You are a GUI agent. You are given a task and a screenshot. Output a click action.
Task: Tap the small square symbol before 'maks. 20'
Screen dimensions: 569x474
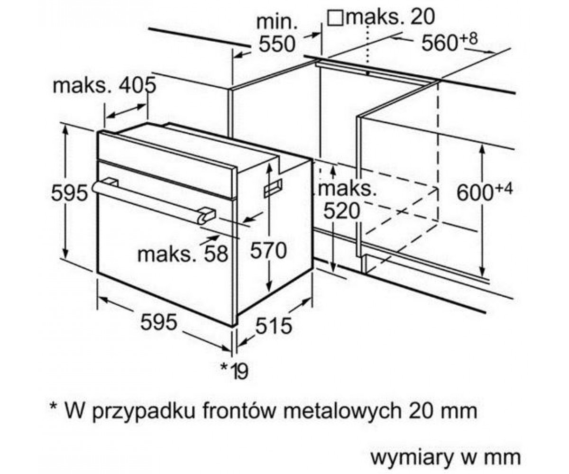click(x=335, y=18)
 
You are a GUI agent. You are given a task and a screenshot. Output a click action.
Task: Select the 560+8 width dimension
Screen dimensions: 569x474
click(x=450, y=41)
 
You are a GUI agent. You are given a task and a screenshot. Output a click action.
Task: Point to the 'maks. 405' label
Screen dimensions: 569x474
click(x=104, y=85)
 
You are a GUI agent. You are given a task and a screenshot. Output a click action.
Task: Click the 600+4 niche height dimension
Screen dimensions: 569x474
click(x=485, y=191)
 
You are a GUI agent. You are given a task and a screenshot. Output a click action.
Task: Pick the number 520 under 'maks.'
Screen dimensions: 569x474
click(x=342, y=210)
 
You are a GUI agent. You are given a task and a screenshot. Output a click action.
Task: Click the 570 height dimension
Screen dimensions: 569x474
click(x=268, y=250)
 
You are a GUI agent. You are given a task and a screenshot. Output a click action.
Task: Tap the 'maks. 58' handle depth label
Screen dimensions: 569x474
click(x=183, y=254)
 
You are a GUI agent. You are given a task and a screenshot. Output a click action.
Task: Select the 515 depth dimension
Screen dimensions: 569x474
click(x=274, y=326)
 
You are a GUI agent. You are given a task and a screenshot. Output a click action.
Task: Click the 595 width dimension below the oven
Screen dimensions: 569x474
click(x=158, y=322)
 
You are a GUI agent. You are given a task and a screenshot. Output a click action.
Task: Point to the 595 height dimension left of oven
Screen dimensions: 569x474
click(x=70, y=192)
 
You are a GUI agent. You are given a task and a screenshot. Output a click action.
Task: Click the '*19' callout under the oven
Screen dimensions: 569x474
click(x=234, y=371)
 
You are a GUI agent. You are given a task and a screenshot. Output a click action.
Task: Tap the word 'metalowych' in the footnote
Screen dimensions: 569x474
click(x=342, y=411)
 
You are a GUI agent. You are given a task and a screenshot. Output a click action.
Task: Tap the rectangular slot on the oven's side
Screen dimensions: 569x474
click(x=273, y=188)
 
